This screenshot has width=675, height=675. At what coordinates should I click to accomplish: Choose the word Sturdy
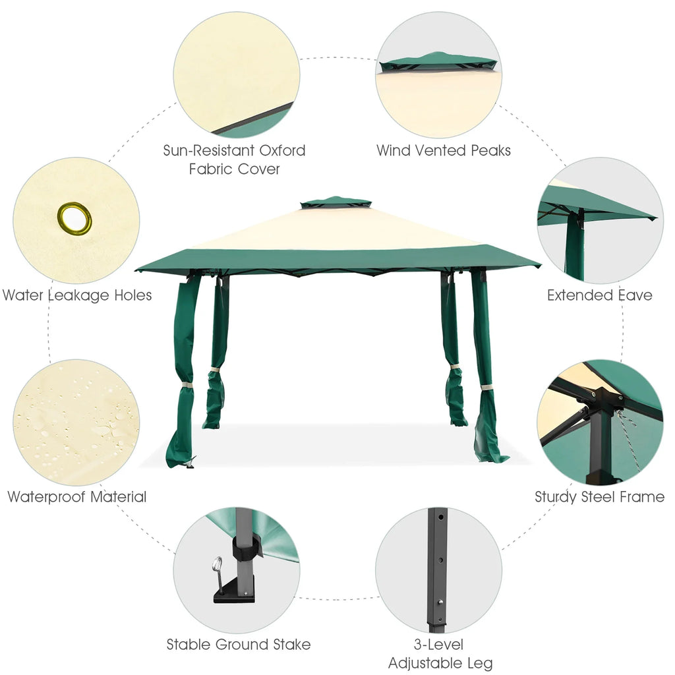556,497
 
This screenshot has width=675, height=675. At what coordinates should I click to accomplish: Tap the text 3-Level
438,645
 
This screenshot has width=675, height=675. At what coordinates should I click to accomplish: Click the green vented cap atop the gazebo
336,202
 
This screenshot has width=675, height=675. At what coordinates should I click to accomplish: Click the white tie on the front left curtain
187,385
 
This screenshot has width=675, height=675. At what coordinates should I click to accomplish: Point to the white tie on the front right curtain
486,388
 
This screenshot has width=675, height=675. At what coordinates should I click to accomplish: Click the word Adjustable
427,663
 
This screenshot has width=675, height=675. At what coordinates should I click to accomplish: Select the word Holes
133,295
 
